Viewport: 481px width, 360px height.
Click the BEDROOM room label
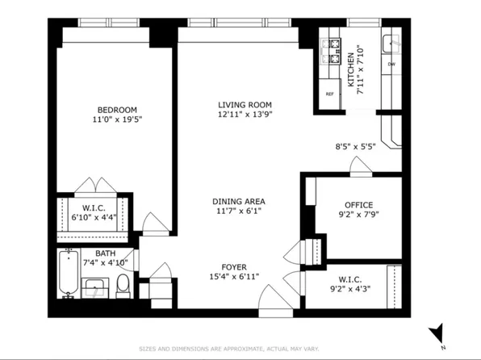coord(117,110)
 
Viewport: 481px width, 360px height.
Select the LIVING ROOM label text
coord(244,105)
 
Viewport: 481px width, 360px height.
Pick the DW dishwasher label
coord(391,64)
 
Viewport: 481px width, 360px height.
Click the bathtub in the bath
coord(69,274)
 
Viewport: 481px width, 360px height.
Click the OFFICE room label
coord(358,205)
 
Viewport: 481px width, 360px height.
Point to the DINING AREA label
coord(239,202)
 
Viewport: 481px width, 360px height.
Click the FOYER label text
coord(234,267)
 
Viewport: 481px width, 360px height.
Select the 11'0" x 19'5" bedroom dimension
coord(117,120)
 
